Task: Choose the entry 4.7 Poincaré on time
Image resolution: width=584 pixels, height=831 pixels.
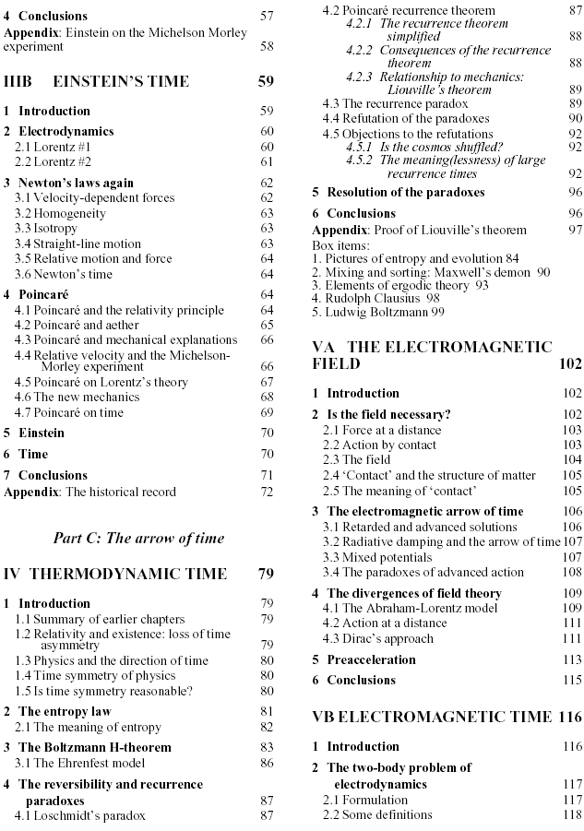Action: [x=78, y=411]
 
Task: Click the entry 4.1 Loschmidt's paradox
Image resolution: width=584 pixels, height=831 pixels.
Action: [x=81, y=815]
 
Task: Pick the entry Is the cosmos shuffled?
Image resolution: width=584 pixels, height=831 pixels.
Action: [x=432, y=146]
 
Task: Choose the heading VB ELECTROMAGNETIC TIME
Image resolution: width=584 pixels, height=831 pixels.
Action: [x=433, y=717]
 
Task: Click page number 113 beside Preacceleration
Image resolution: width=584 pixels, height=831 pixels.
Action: [x=571, y=659]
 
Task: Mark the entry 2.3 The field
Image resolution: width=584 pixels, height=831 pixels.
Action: [x=360, y=458]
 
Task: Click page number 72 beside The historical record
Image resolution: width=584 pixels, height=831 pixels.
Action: [x=267, y=492]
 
